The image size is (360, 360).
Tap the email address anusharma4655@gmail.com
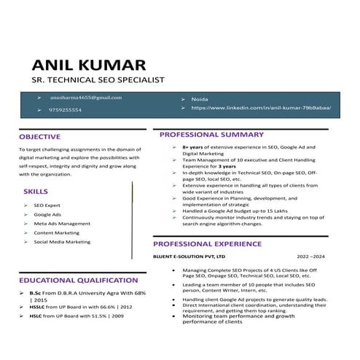86,97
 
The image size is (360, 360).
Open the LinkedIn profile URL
261,108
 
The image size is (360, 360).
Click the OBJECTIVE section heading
40,136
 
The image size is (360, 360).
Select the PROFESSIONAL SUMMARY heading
211,135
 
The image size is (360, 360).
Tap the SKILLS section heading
36,191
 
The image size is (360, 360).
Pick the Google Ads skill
47,214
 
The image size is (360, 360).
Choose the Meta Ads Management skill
62,224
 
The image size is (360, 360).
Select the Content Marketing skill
56,232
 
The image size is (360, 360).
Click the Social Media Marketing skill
62,242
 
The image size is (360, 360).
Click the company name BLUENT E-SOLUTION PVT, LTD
189,257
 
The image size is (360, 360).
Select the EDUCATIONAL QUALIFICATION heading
78,280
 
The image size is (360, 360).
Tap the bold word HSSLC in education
37,308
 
